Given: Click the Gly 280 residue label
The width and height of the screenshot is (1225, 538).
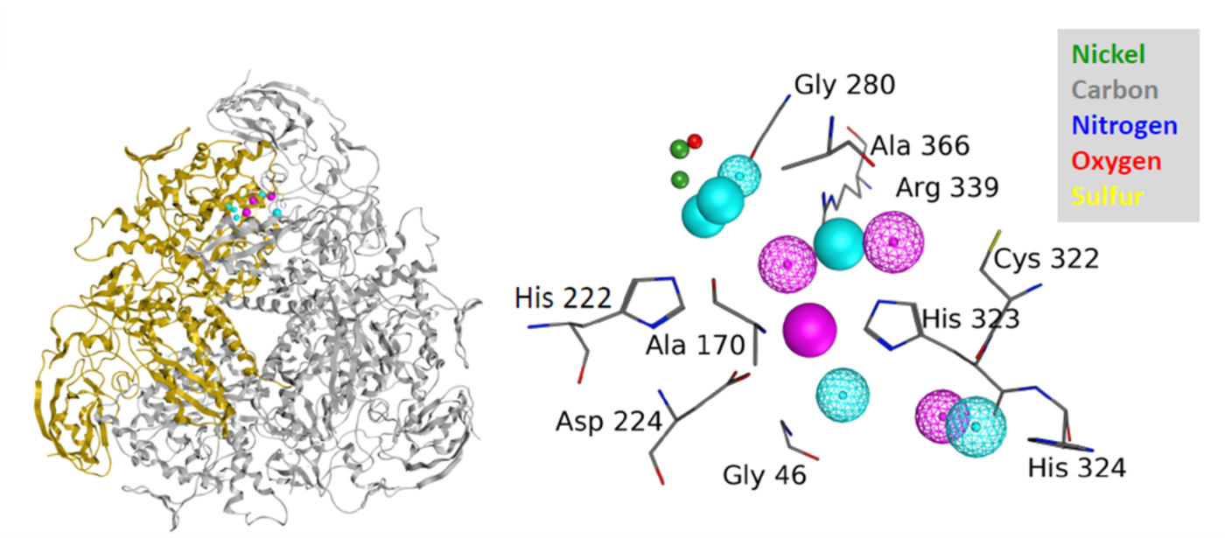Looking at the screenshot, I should point(844,86).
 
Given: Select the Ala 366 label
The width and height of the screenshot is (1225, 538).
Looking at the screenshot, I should point(920,145).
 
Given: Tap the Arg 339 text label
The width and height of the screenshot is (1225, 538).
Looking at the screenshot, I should point(947,187).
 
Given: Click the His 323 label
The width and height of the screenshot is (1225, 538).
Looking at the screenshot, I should point(971,319).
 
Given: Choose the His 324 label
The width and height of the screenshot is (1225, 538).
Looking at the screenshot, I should point(1076,468).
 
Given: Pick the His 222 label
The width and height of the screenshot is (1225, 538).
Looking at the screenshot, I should point(562,298).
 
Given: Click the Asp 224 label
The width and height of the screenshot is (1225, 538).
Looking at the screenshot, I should point(608,422).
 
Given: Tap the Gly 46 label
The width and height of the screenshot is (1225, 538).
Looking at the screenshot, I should point(764,475).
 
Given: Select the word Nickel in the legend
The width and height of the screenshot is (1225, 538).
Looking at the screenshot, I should point(1109,54).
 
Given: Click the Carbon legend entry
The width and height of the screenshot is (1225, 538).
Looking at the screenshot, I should point(1115,89).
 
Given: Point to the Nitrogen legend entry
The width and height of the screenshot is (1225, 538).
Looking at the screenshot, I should point(1124,125).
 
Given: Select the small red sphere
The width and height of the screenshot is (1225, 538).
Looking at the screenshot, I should point(695,141).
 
